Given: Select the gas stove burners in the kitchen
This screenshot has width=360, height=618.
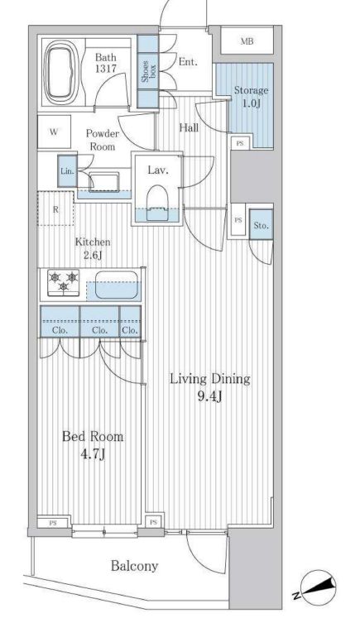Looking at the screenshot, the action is [x=63, y=282].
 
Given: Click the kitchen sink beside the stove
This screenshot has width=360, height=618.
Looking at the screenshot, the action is [x=118, y=285].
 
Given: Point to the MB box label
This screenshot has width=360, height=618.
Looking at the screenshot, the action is [x=247, y=41].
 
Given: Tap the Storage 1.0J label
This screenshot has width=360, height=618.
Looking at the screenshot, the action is [x=251, y=97].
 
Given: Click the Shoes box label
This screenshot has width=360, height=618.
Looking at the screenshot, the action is [x=148, y=71].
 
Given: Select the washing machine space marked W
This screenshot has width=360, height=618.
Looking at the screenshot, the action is [x=54, y=132].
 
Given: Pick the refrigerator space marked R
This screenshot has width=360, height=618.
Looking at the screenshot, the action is [x=55, y=208].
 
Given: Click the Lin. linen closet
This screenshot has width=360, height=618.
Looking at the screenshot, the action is [x=67, y=171].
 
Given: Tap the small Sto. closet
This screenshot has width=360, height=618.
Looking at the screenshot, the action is [x=261, y=225].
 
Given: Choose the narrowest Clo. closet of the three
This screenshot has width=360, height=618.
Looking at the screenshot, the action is [x=130, y=322].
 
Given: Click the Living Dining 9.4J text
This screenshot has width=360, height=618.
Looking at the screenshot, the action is [x=209, y=388].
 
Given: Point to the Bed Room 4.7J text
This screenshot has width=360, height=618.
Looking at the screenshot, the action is [x=93, y=445].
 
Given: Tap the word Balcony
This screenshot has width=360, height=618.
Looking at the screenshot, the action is [x=134, y=566].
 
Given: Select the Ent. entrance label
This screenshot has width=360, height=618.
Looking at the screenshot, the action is [x=188, y=62].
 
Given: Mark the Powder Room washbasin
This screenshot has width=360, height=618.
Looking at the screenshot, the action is [x=103, y=182].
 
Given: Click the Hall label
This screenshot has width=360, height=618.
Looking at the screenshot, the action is [x=189, y=127].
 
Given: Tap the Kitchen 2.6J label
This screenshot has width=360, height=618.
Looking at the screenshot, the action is [x=93, y=248].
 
